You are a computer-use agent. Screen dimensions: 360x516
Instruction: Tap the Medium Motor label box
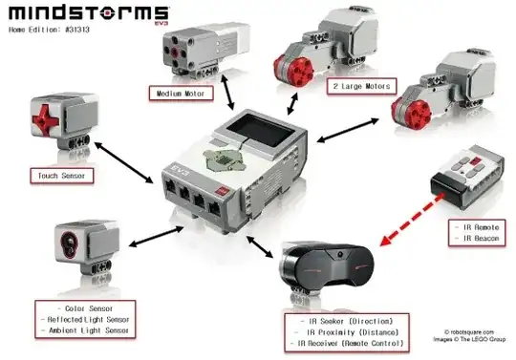pos(183,94)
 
